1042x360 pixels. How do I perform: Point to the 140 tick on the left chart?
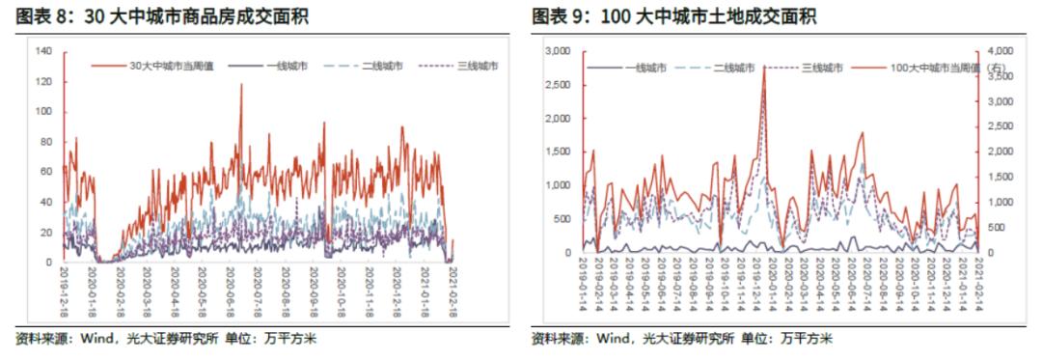[41, 50]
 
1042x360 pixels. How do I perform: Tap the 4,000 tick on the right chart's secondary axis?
[1000, 50]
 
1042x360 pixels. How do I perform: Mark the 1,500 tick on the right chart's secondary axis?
[1000, 177]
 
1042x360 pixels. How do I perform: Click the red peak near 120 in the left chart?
[241, 84]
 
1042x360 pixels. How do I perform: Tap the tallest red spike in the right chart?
[764, 66]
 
